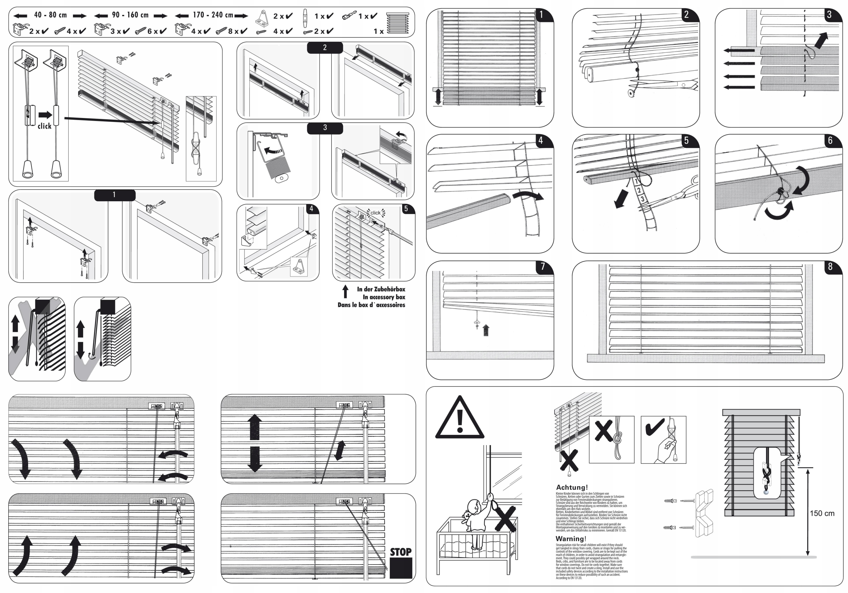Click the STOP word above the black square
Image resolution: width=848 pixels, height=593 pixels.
401,552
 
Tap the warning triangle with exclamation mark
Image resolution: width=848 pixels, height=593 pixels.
459,419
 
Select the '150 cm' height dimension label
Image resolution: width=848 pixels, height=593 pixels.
822,513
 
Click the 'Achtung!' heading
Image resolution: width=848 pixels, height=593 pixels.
572,487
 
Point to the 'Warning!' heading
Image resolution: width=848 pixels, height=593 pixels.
571,539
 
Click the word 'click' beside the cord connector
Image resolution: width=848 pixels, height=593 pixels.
44,126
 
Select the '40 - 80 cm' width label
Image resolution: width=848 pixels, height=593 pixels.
50,15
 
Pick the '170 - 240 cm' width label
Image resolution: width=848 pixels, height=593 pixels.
213,15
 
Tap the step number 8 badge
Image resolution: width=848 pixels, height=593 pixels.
830,267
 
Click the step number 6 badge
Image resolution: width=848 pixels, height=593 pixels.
830,141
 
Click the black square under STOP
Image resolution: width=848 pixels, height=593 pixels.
401,568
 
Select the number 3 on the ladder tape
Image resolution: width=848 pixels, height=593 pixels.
643,199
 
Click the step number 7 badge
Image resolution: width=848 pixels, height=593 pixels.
543,267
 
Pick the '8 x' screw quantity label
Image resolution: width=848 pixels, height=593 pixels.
233,31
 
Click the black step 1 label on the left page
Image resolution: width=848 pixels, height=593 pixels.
115,195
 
